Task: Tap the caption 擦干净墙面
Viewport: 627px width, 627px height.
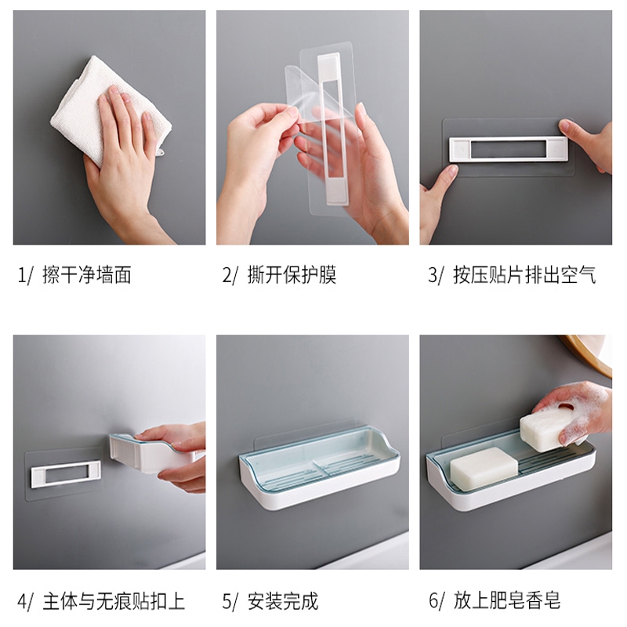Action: [87, 275]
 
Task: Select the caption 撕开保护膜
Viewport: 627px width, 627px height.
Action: [292, 275]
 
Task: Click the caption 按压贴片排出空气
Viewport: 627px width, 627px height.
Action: [524, 275]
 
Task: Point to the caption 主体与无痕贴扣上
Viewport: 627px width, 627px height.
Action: [114, 601]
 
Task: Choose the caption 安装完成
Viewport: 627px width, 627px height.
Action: [283, 601]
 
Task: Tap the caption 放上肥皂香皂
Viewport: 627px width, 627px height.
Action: [506, 600]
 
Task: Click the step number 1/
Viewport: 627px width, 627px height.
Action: [24, 275]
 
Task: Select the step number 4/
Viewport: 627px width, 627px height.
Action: [25, 601]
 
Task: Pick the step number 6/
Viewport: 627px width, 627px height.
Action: [436, 600]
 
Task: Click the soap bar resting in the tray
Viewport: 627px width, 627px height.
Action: [484, 468]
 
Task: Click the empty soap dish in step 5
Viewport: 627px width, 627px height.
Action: [319, 468]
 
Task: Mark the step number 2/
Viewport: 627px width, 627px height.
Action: [230, 275]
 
